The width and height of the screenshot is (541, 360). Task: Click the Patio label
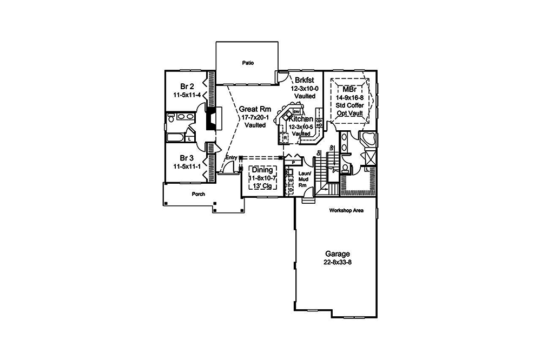tap(248, 63)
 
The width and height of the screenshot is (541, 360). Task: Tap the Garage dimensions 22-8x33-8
tap(337, 263)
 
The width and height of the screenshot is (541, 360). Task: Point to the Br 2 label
tap(187, 85)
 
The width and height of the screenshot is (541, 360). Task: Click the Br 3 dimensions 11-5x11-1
tap(187, 168)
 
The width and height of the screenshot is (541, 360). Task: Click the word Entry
tap(232, 157)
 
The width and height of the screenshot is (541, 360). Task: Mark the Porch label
tap(198, 194)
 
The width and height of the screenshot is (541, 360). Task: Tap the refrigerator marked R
tap(285, 138)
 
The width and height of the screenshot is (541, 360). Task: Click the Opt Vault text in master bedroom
tap(351, 113)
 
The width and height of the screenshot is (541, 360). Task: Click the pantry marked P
tap(293, 161)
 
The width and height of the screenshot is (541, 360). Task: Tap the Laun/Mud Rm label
tap(303, 179)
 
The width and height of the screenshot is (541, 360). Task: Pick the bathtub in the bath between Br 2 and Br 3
tap(176, 138)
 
